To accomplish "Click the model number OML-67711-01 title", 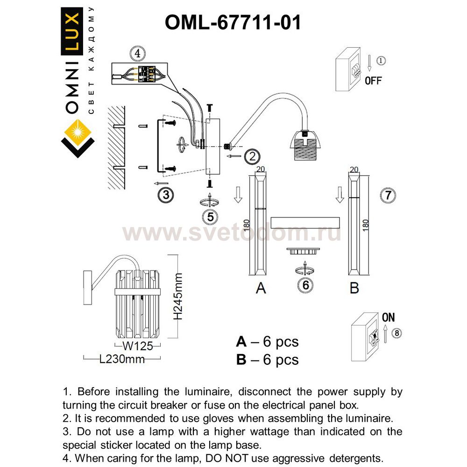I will click(x=233, y=22).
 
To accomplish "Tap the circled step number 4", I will click(x=137, y=54).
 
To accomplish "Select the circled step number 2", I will click(x=252, y=156).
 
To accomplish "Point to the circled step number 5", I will click(x=211, y=216).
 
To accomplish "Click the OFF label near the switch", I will click(x=373, y=81).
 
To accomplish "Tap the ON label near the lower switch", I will click(x=388, y=318).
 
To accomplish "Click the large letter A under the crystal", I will click(x=261, y=288).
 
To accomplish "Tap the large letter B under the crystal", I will click(x=354, y=288).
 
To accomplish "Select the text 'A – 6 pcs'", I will click(x=267, y=342).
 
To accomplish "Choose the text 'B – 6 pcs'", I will click(x=267, y=359).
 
